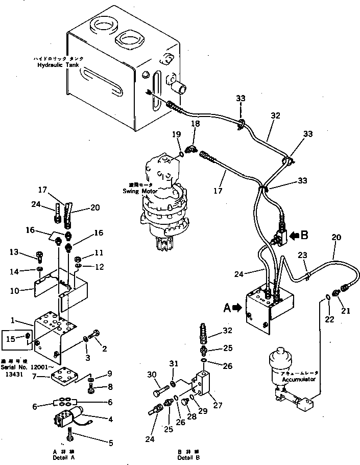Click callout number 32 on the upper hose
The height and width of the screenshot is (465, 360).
[276, 116]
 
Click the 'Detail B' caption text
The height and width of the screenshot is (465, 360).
[185, 457]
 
